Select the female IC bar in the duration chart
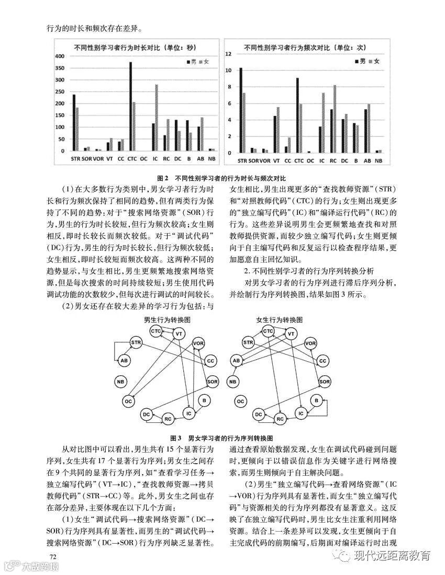(156, 118)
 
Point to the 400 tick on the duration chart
(59, 56)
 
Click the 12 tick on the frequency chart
(228, 54)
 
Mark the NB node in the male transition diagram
(121, 382)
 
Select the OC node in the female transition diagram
(241, 401)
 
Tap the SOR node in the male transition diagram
(212, 382)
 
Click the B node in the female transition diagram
(316, 400)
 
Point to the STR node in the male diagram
(136, 343)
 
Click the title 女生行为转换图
(279, 319)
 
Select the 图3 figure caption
(222, 438)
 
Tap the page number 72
(52, 555)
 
